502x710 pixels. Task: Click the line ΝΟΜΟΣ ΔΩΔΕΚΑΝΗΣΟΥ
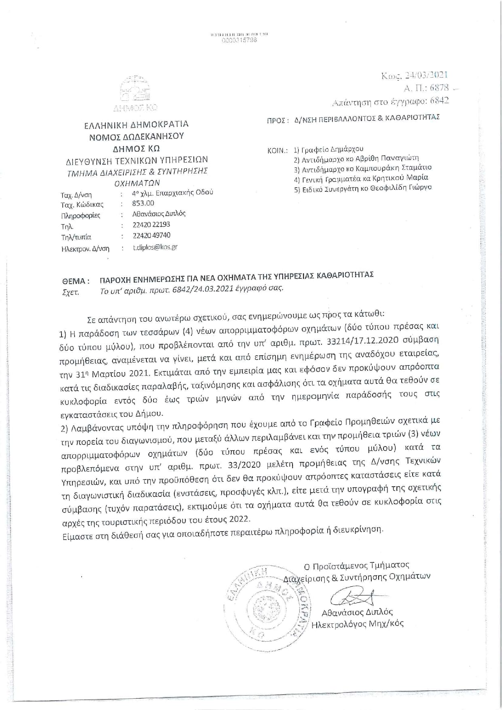tap(136, 136)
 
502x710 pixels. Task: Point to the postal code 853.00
tap(143, 203)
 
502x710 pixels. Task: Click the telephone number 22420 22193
tap(151, 225)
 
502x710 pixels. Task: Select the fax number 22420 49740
tap(151, 235)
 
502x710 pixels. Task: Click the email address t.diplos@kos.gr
tap(155, 247)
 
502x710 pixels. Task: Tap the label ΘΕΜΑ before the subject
tap(74, 281)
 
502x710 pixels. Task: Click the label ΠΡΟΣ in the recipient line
tap(277, 121)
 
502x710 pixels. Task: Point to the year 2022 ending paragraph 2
tap(240, 519)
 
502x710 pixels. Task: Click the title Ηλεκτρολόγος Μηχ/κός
tap(357, 624)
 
